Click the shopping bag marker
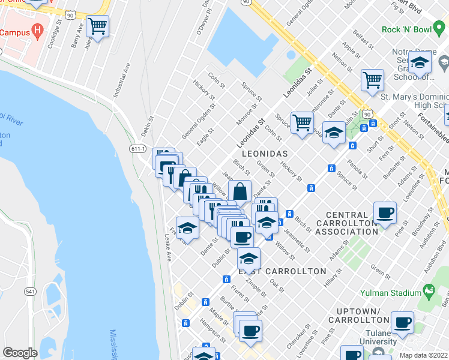(240, 192)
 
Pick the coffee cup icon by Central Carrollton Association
(385, 212)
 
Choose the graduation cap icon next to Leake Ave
(187, 229)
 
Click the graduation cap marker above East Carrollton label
(249, 259)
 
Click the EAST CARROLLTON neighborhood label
(282, 271)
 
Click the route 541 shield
(29, 291)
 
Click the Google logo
(20, 352)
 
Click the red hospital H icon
(38, 29)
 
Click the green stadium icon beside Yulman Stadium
(429, 292)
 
